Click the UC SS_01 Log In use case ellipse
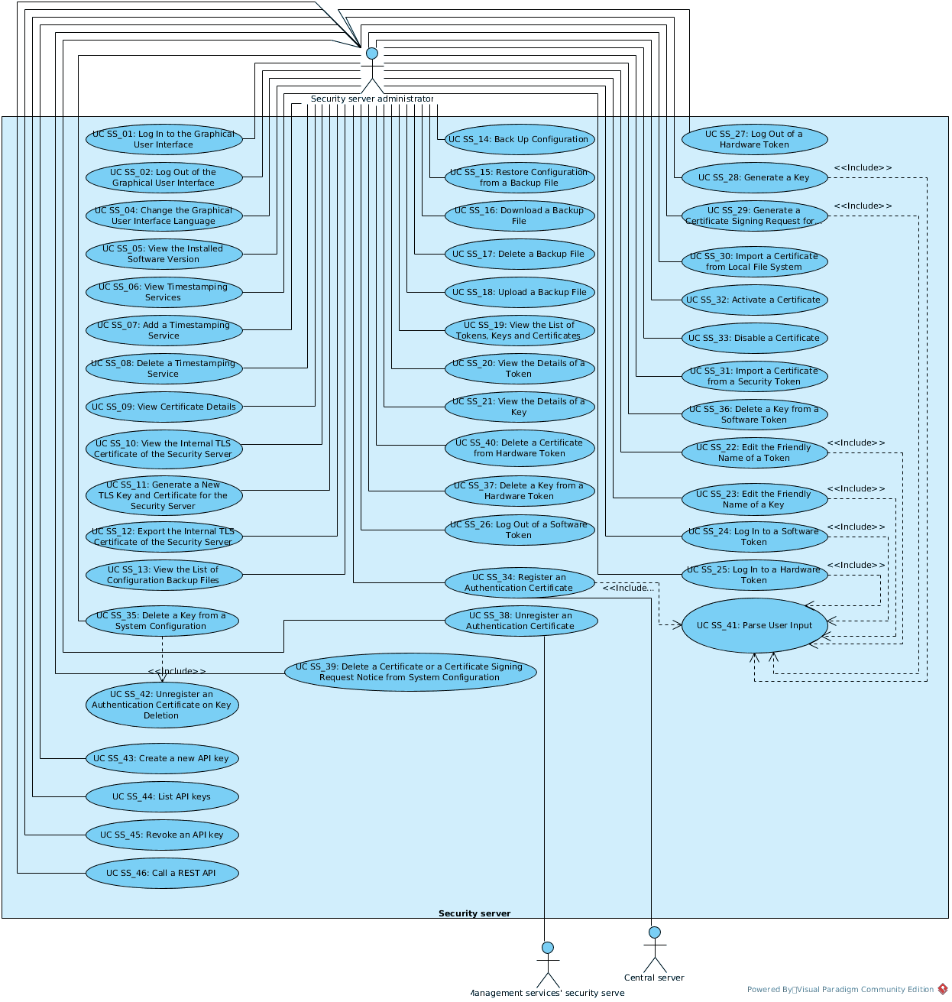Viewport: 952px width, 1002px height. (164, 139)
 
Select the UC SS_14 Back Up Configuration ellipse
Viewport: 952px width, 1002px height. (520, 139)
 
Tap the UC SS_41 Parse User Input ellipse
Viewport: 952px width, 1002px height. (754, 625)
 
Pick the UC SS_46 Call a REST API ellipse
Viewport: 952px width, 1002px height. (162, 873)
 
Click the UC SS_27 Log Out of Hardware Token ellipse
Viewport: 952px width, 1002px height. (754, 139)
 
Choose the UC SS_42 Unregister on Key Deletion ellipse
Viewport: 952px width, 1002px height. (162, 705)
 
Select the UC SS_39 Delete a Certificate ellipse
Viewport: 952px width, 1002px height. (410, 672)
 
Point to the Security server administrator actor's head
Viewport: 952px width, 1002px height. (372, 54)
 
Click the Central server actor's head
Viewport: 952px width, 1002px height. (654, 932)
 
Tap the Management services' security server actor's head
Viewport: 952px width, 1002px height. (547, 948)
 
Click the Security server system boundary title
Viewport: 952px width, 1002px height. (474, 913)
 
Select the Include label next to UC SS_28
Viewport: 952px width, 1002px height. (863, 167)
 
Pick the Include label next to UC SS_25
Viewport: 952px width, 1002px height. (856, 565)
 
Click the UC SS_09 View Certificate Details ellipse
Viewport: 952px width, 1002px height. (164, 407)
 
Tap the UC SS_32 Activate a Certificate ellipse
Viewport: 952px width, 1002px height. (754, 300)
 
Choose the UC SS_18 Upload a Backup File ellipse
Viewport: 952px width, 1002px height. (520, 292)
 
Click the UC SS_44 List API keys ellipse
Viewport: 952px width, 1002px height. (162, 796)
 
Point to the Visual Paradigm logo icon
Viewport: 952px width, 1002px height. (943, 989)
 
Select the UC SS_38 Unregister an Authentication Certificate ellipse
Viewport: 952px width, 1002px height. (520, 621)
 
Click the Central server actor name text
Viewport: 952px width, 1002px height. (654, 978)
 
